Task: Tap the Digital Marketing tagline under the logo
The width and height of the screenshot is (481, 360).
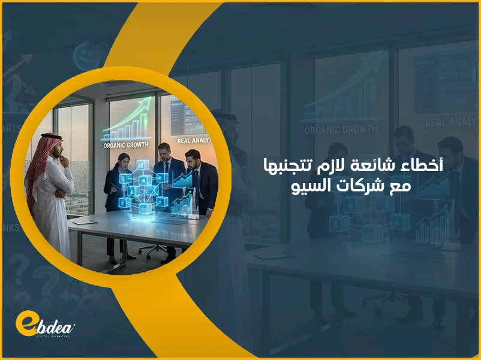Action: click(50, 336)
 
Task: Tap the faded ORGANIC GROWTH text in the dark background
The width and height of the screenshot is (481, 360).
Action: click(341, 129)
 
